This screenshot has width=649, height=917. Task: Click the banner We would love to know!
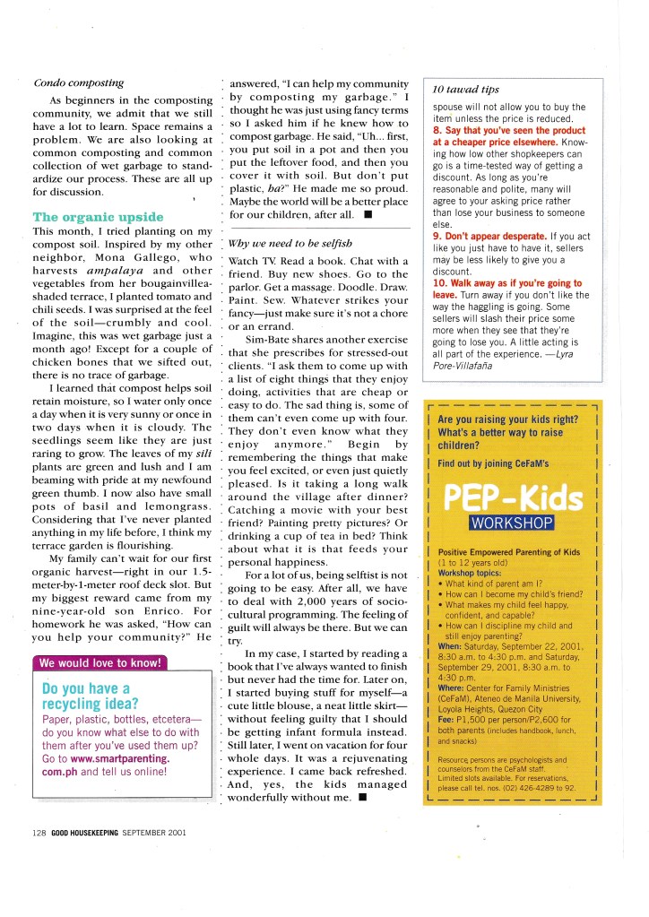(100, 663)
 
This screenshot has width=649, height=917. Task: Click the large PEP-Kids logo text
(508, 494)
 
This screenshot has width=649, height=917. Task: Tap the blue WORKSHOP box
(508, 522)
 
